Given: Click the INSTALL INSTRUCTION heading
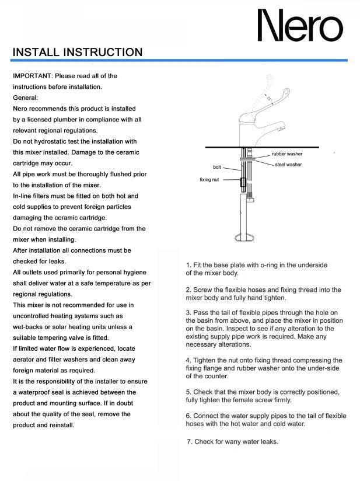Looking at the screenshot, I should pos(78,53).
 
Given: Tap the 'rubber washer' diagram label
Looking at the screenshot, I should pos(287,154).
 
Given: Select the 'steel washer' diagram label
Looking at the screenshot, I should pos(288,165).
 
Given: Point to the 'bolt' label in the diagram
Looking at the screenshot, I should pos(217,168).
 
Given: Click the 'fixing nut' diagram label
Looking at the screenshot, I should pos(209,180).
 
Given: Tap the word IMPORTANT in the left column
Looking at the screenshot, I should pos(32,76).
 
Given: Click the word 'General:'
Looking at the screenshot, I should pos(25,97).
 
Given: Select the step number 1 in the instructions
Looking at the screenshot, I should pos(188,265).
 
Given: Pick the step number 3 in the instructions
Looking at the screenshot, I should pos(188,312).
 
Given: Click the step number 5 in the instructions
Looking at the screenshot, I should pos(188,392).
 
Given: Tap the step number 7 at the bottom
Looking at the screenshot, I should pos(189,441).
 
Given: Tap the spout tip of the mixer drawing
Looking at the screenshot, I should pos(283,126).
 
